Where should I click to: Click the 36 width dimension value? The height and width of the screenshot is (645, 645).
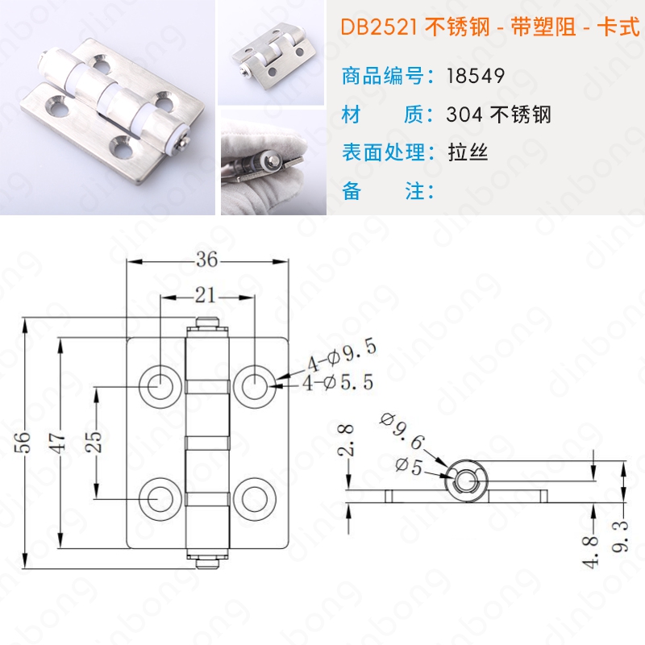(x=206, y=259)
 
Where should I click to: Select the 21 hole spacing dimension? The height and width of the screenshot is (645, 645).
(x=205, y=295)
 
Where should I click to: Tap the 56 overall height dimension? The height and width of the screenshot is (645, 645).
(x=23, y=442)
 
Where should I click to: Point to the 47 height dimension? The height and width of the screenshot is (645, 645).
(x=58, y=442)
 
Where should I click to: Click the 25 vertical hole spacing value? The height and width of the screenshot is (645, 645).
(x=94, y=441)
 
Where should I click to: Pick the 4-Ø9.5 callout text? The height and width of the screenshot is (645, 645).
(x=341, y=356)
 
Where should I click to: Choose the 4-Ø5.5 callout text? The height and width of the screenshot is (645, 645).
(x=338, y=383)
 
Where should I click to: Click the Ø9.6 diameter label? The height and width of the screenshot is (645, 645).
(x=402, y=431)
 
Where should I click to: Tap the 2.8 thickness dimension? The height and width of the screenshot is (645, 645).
(x=346, y=440)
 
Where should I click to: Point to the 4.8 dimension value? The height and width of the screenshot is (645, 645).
(x=591, y=552)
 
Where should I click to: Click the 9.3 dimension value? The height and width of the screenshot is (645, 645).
(x=619, y=536)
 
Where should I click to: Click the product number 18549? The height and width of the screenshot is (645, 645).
(x=476, y=76)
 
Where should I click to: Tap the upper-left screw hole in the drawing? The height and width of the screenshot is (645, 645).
(x=160, y=386)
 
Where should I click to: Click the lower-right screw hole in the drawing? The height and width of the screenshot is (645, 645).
(x=255, y=499)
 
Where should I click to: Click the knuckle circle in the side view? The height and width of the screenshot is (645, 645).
(x=466, y=481)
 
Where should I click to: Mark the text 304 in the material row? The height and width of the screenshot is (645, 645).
(x=464, y=114)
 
